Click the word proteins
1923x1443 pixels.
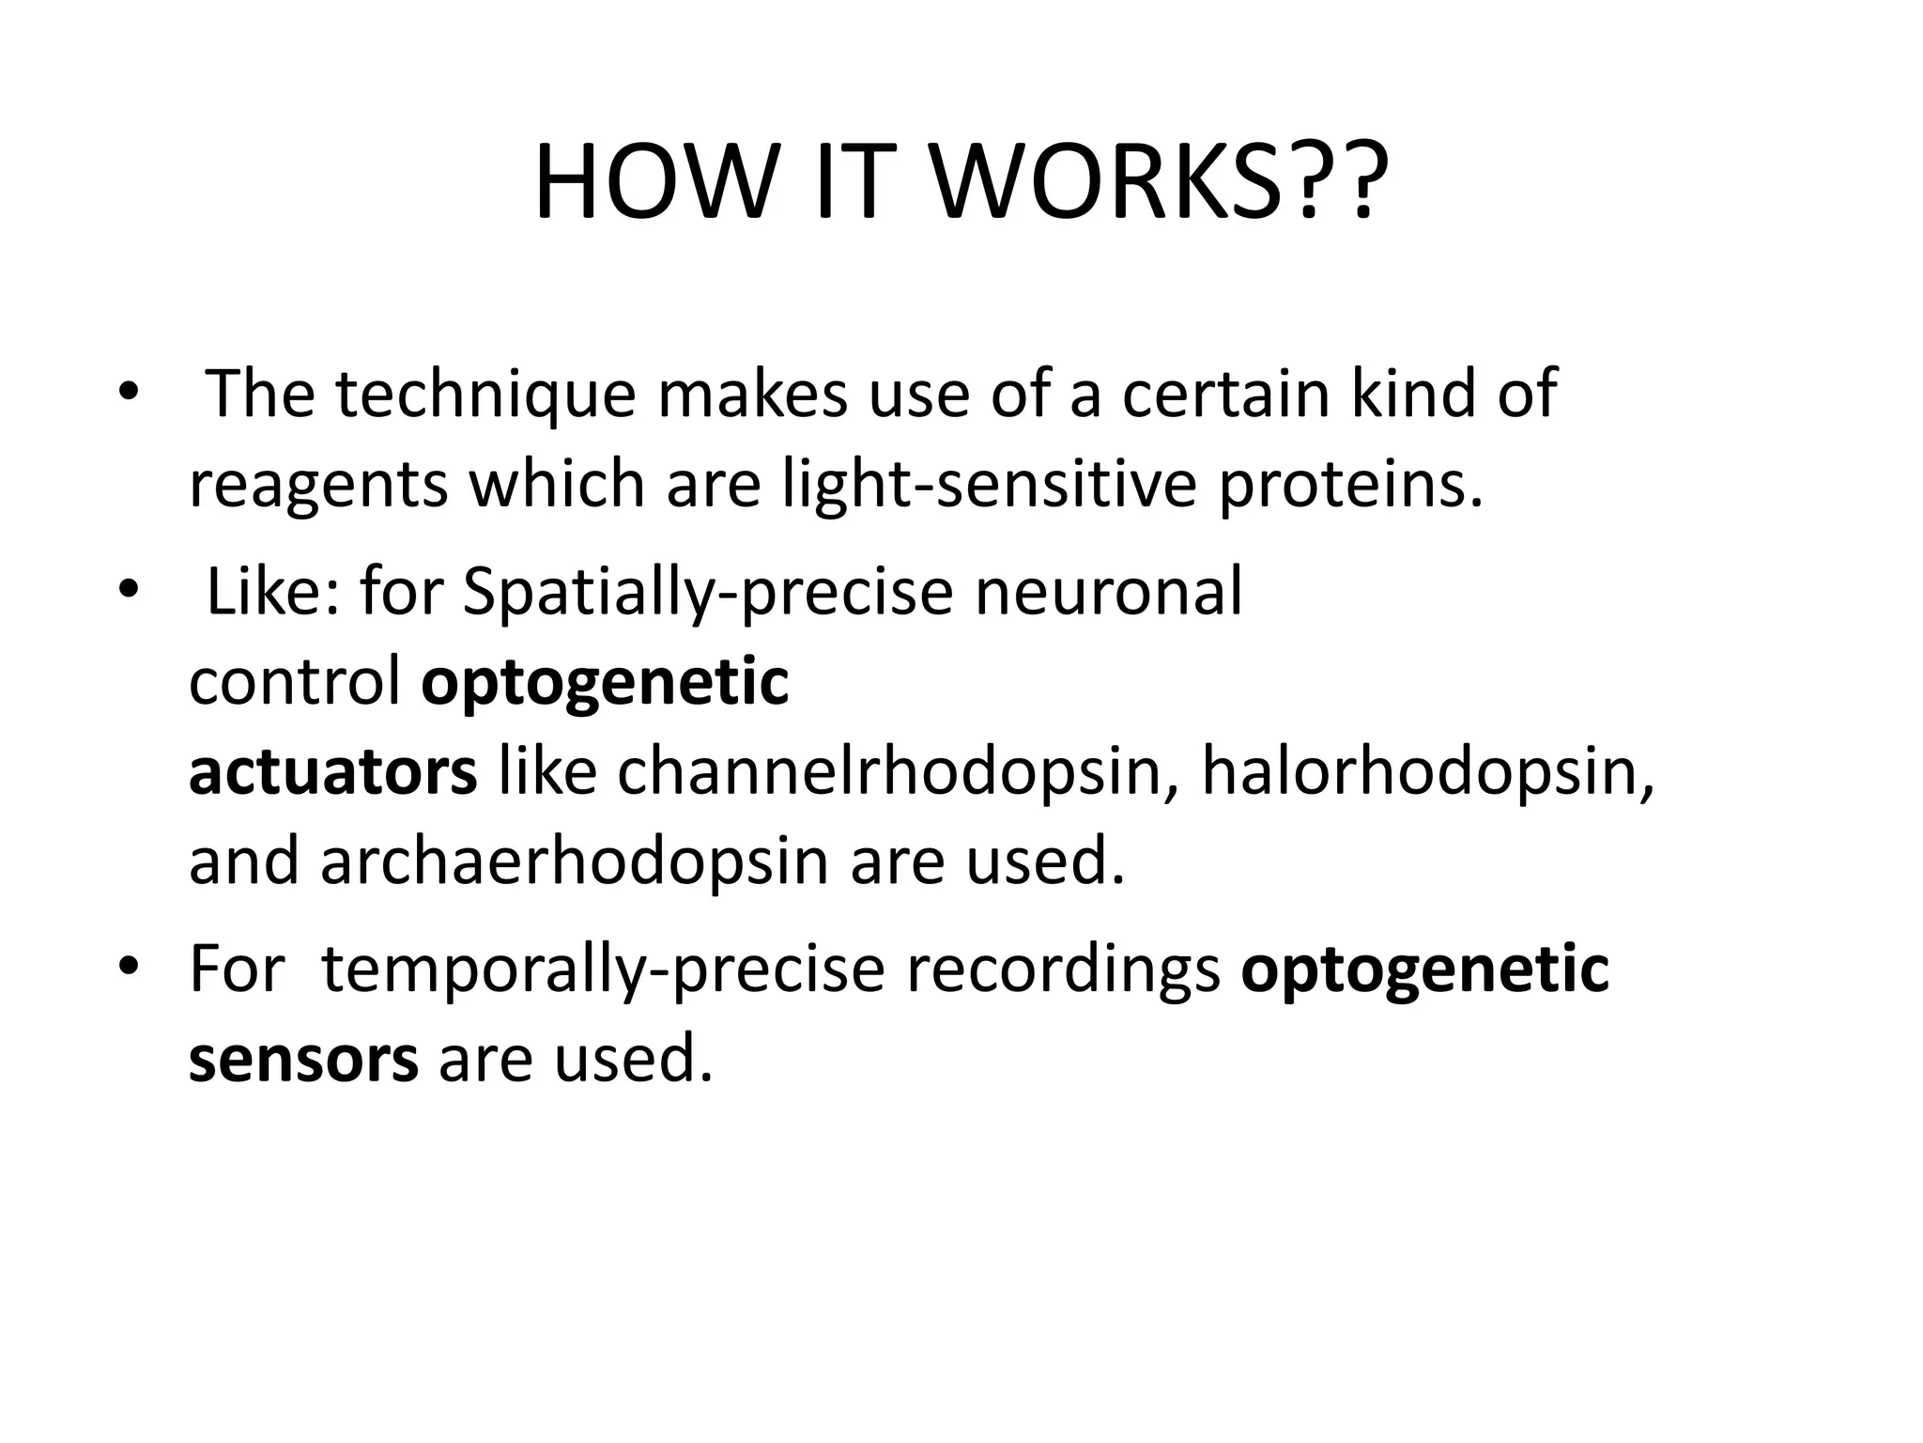click(x=1351, y=486)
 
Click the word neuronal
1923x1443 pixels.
click(x=1108, y=591)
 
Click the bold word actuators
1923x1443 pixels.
click(x=332, y=772)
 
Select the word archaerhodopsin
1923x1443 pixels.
click(x=574, y=862)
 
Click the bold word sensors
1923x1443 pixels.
click(x=303, y=1059)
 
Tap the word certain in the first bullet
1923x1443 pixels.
click(x=1225, y=394)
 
